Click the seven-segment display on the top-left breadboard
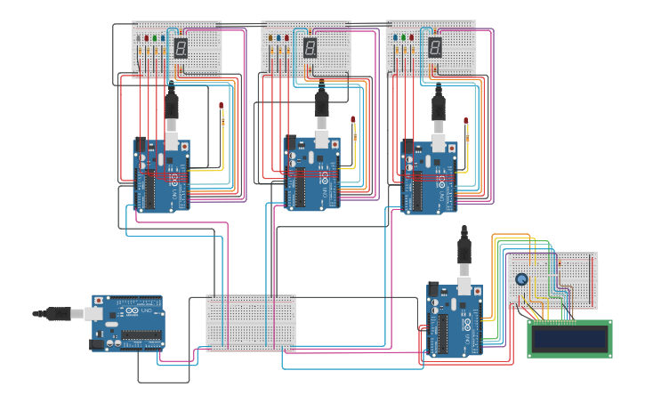[x=181, y=48]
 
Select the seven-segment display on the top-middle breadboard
[x=310, y=48]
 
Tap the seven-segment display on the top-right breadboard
[x=435, y=48]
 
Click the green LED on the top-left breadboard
[x=155, y=38]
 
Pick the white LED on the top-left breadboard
[x=163, y=38]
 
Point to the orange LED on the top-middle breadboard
[x=270, y=38]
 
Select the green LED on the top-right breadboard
[x=403, y=38]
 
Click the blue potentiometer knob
[x=521, y=279]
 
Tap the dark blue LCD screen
[x=569, y=338]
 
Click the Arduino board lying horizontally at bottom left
[x=129, y=322]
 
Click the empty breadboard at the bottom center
[x=251, y=322]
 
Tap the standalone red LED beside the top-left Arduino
[x=222, y=106]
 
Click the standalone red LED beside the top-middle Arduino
[x=353, y=119]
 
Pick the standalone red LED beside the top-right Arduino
[x=466, y=120]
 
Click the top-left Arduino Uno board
[x=162, y=176]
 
